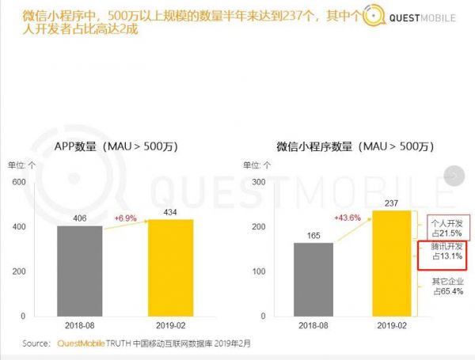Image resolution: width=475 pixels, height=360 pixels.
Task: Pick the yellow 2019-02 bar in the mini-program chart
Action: click(392, 263)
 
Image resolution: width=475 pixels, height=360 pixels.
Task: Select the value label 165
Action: click(313, 235)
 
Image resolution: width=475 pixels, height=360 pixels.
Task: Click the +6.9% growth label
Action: click(127, 217)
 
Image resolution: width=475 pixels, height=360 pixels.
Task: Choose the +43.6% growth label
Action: click(348, 218)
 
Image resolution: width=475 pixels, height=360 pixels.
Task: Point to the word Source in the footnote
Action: click(37, 343)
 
